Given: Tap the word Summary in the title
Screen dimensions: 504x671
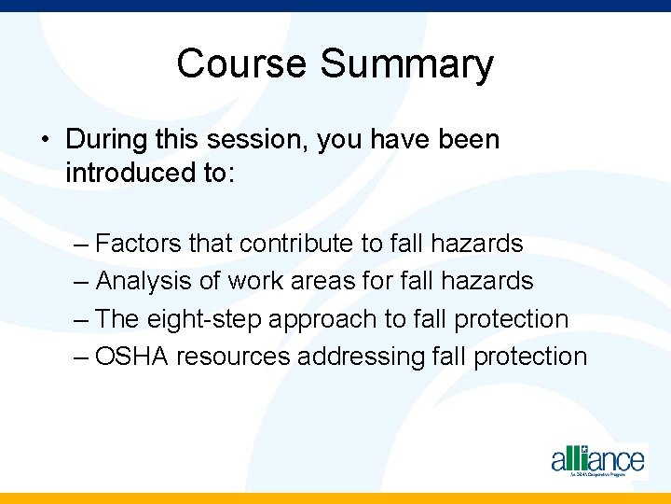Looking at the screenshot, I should point(407,64).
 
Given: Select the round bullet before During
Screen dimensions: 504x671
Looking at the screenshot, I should point(44,141).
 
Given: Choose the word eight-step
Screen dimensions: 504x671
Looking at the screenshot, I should point(203,318).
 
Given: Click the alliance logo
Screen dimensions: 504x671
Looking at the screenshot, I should point(596,460).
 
